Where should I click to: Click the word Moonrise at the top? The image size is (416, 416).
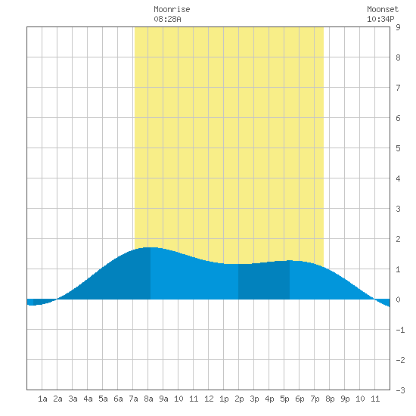pyautogui.click(x=172, y=9)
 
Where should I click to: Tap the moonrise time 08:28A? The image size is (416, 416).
pyautogui.click(x=167, y=19)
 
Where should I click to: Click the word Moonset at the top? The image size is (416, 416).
pyautogui.click(x=383, y=9)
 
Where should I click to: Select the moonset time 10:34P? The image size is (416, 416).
pyautogui.click(x=380, y=19)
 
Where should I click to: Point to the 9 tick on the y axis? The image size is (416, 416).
pyautogui.click(x=398, y=27)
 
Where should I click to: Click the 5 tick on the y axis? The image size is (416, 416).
pyautogui.click(x=398, y=148)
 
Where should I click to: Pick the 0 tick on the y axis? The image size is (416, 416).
pyautogui.click(x=398, y=300)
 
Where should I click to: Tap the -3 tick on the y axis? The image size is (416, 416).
pyautogui.click(x=400, y=390)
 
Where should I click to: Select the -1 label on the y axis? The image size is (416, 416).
pyautogui.click(x=400, y=330)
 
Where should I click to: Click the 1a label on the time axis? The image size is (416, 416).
pyautogui.click(x=42, y=399)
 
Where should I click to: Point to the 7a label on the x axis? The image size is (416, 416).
pyautogui.click(x=133, y=399)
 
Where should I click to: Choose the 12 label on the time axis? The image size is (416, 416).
pyautogui.click(x=209, y=399)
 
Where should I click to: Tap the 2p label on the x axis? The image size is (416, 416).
pyautogui.click(x=239, y=399)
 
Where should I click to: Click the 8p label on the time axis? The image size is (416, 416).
pyautogui.click(x=330, y=399)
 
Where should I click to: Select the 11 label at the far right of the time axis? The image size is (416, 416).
pyautogui.click(x=375, y=399)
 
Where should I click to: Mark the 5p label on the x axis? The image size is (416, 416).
pyautogui.click(x=284, y=399)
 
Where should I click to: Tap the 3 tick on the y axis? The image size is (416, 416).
pyautogui.click(x=398, y=209)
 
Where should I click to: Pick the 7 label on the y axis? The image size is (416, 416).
pyautogui.click(x=398, y=88)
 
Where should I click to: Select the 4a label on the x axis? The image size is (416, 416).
pyautogui.click(x=88, y=399)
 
